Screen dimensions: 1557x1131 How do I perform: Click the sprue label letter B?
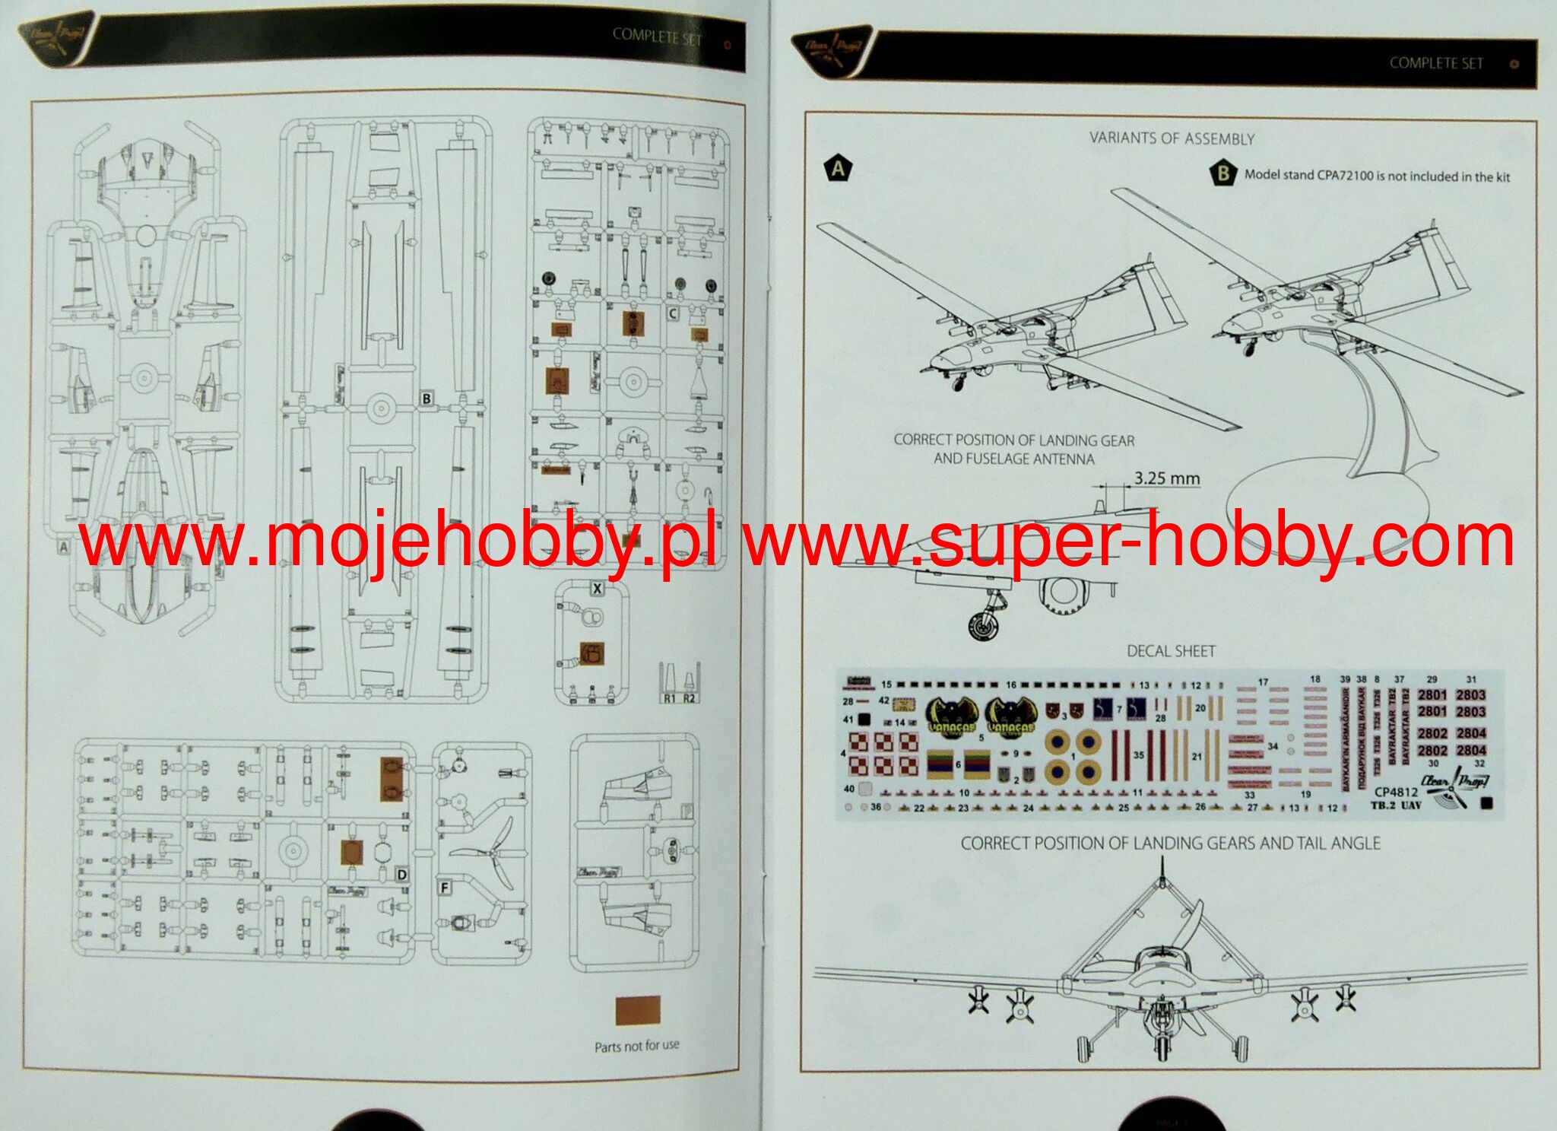[427, 399]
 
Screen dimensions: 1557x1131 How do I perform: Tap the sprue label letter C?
[672, 313]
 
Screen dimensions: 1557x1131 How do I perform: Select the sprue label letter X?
[598, 589]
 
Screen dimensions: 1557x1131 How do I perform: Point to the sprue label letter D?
[402, 875]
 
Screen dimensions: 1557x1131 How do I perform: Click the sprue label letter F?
[445, 888]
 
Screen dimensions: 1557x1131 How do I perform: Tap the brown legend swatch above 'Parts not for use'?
[637, 1011]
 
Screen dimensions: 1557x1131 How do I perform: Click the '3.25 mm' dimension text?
[1167, 478]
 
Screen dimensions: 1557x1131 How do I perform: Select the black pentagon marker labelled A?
[838, 168]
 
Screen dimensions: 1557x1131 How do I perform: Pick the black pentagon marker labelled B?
[1222, 173]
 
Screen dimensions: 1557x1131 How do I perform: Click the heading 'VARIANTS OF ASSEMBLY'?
[1172, 138]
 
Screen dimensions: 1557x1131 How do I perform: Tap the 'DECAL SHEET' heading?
[1171, 651]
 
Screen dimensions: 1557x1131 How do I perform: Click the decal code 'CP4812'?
[1396, 793]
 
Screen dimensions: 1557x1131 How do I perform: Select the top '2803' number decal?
[1470, 695]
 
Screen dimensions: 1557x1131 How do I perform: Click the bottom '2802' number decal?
[1432, 751]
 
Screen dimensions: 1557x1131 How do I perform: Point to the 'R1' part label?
[668, 698]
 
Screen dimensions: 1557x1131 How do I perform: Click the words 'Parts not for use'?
[636, 1047]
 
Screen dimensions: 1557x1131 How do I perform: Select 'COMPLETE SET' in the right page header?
[1436, 64]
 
